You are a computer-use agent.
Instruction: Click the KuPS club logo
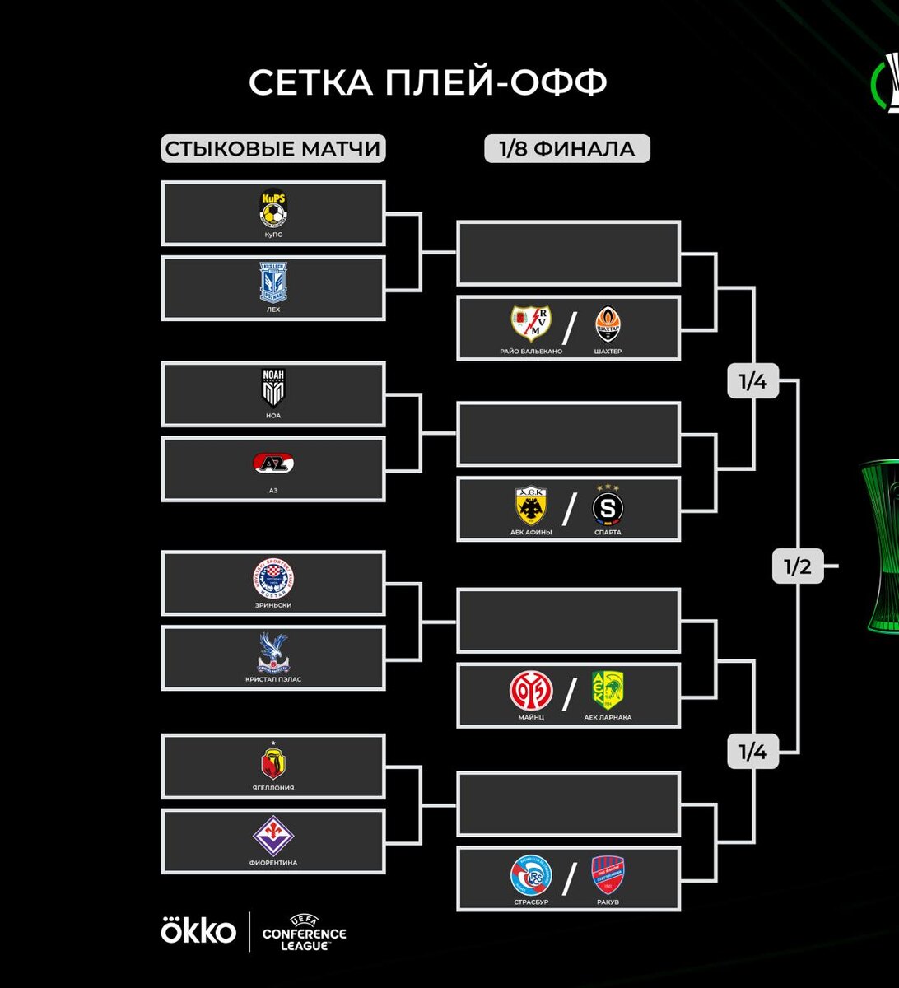click(273, 208)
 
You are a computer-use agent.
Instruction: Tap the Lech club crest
click(273, 282)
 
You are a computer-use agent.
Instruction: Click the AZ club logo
click(273, 464)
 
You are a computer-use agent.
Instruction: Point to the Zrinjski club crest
click(273, 578)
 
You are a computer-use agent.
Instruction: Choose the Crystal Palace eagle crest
click(273, 652)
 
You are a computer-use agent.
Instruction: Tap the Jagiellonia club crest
click(273, 762)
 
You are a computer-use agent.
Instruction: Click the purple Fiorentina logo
click(273, 836)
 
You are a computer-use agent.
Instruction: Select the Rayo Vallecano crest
click(531, 324)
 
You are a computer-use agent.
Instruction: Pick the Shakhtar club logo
click(607, 324)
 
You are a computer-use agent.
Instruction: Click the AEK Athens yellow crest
click(531, 506)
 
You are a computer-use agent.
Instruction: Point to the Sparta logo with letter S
click(608, 506)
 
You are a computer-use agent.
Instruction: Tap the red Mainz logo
click(531, 692)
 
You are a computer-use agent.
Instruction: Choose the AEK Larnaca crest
click(608, 692)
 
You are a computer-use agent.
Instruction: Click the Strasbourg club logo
click(531, 876)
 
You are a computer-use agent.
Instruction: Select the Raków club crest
click(608, 876)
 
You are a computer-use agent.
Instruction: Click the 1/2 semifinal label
click(797, 566)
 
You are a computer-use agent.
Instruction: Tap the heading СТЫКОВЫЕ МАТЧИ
click(272, 149)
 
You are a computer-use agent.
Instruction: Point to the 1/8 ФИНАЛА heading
click(566, 149)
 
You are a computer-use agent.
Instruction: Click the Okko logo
click(198, 931)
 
